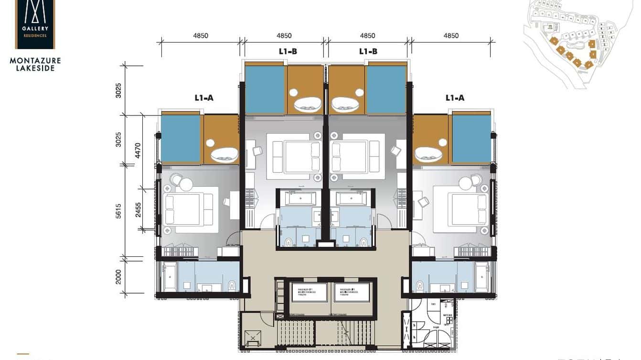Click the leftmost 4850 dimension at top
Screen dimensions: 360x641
(200, 36)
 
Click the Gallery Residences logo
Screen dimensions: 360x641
(35, 24)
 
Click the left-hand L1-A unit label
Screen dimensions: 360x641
(204, 98)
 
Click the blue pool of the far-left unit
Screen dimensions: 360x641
(181, 138)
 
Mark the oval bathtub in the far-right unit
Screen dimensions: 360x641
(428, 154)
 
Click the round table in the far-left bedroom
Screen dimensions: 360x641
(185, 184)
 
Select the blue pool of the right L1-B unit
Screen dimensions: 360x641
(386, 90)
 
